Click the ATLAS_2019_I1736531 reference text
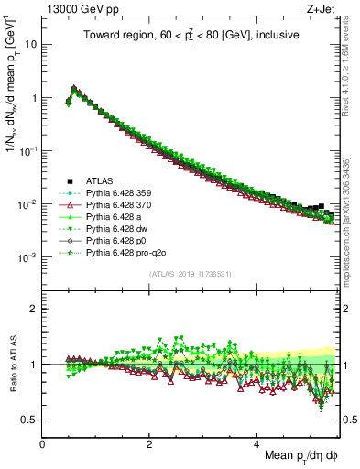click(x=190, y=274)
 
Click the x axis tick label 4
click(x=256, y=443)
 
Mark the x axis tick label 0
click(x=43, y=443)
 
